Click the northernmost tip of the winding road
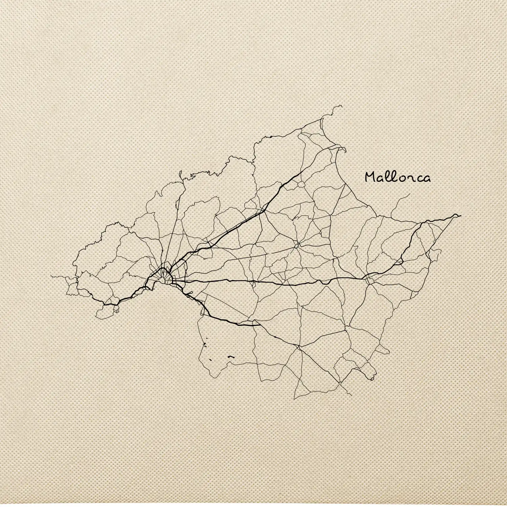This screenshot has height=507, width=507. click(342, 105)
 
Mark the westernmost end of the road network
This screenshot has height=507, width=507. click(51, 276)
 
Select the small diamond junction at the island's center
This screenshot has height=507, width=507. click(297, 246)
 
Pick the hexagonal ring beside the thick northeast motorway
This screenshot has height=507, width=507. click(299, 185)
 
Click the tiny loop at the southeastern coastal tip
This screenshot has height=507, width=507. click(372, 379)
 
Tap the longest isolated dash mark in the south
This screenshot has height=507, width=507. click(231, 356)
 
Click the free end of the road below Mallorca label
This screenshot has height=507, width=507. click(410, 194)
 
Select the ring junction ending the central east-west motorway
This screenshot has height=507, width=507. click(369, 279)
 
